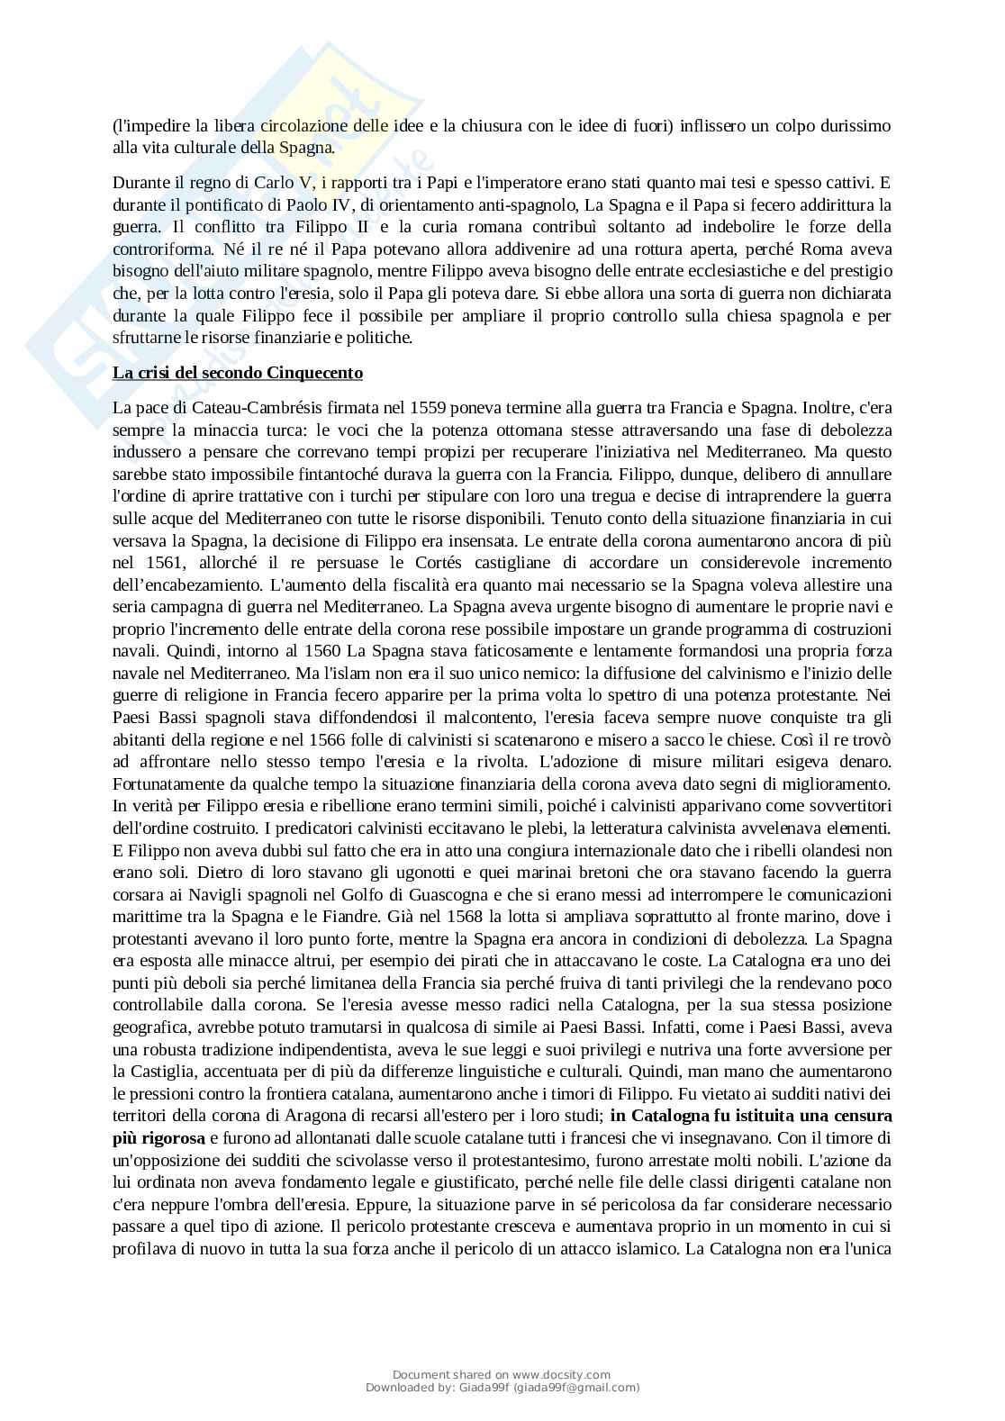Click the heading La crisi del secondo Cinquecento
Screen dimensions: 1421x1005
(238, 373)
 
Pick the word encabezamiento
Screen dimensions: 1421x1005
(207, 584)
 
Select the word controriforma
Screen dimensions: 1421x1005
(158, 249)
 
